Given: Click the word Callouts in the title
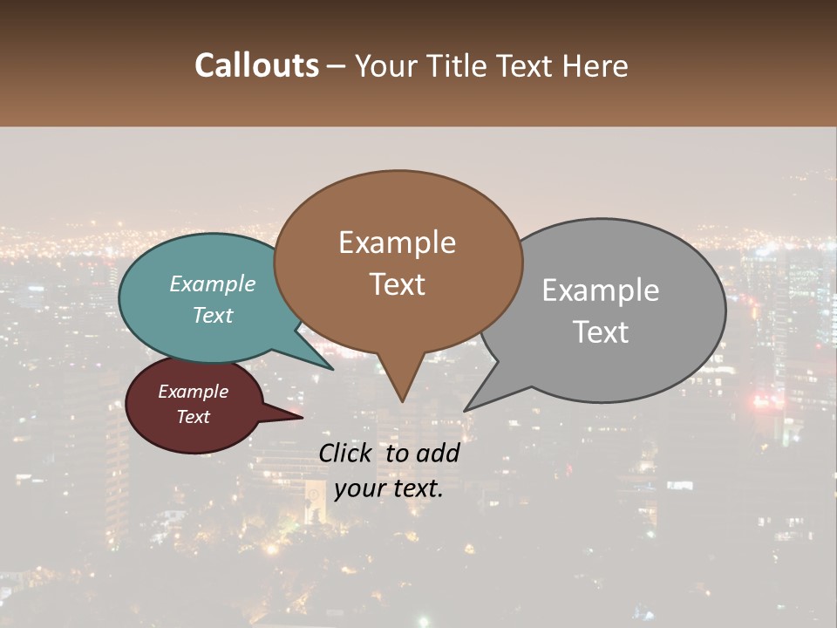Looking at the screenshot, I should (256, 65).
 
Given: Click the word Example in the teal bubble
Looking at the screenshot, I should (213, 284).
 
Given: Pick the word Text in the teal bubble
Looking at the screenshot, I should (213, 316).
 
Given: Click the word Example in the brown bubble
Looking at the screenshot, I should (397, 242).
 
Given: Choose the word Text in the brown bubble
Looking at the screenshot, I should (397, 284).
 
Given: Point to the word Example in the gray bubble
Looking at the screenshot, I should (601, 290).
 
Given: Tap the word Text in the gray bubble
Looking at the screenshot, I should (601, 332).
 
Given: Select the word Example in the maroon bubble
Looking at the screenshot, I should (194, 392).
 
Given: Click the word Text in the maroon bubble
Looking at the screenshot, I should (194, 417).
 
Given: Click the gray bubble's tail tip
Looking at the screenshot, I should (466, 410).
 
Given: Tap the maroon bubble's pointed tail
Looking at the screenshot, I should (301, 417).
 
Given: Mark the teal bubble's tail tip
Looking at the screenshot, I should (332, 369).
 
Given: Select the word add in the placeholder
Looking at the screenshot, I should (439, 454).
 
